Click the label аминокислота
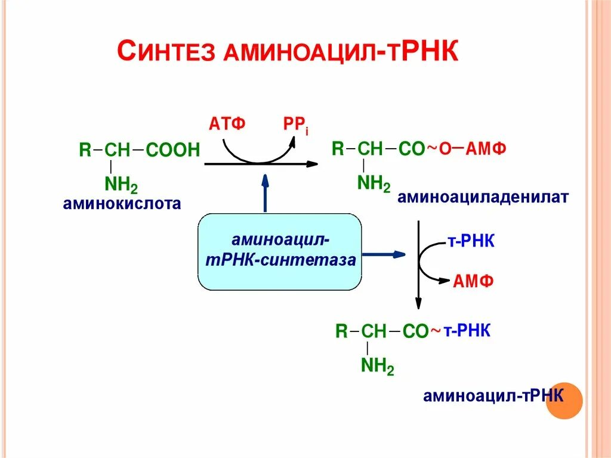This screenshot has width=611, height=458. [122, 204]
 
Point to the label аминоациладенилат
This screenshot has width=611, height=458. [484, 197]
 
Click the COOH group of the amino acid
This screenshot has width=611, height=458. [172, 150]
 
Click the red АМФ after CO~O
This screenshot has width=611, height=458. [486, 149]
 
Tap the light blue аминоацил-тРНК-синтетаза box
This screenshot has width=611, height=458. [279, 251]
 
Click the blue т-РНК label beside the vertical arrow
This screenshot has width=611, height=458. [471, 242]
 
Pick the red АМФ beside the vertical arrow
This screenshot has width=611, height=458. [473, 281]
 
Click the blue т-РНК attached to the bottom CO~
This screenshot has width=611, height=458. [467, 331]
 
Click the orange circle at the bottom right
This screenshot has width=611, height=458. [564, 399]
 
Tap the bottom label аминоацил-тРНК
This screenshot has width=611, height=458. [493, 396]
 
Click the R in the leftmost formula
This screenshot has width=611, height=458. [85, 150]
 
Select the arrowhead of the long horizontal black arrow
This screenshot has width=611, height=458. [311, 163]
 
